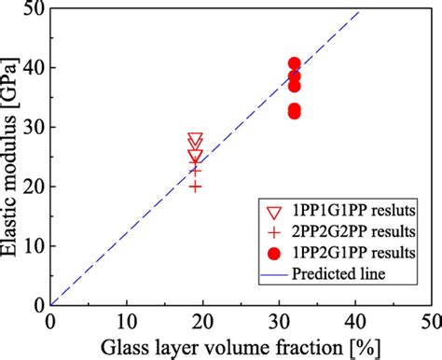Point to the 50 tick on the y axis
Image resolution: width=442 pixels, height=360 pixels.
(35, 8)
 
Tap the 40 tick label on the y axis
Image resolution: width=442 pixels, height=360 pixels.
(35, 68)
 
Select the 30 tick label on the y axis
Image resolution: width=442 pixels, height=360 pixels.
(35, 127)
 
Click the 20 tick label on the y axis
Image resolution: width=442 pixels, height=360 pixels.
(35, 187)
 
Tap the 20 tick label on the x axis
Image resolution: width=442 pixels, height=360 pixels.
(202, 321)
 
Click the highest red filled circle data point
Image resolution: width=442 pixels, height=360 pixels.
(294, 64)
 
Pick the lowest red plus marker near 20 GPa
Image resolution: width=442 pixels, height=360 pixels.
(195, 187)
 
